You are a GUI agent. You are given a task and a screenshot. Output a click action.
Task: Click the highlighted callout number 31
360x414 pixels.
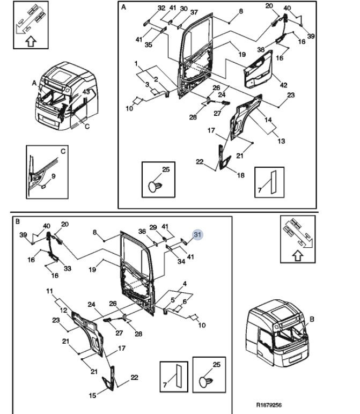point(197,234)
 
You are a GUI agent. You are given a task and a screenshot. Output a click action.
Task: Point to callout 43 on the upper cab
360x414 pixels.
point(85,92)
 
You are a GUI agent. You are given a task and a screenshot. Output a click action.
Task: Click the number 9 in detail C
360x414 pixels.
point(53,176)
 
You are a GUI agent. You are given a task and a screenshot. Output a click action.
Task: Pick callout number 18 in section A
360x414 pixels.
point(240,175)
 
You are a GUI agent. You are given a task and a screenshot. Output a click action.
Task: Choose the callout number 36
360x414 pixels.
point(142,232)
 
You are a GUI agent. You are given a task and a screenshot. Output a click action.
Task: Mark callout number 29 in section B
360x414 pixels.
point(153,227)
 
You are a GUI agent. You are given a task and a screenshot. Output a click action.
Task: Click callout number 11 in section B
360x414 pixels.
point(50,292)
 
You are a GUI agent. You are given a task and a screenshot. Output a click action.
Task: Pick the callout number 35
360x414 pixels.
point(149,45)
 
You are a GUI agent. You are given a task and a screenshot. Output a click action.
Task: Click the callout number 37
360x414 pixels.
point(194,12)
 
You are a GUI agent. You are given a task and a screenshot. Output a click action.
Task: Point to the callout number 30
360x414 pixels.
point(184,9)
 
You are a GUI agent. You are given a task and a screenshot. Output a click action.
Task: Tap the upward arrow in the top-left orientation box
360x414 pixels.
point(31,39)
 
